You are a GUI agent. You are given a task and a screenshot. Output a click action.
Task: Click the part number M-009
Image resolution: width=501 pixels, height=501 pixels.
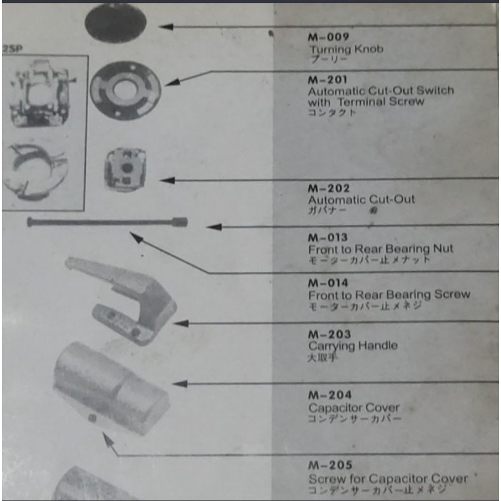click(329, 37)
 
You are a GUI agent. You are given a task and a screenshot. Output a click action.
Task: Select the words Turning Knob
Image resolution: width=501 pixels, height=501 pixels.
click(346, 49)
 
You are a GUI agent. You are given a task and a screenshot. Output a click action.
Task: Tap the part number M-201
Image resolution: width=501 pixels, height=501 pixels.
click(328, 80)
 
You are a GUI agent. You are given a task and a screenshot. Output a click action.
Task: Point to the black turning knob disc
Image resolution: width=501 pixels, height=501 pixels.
click(115, 23)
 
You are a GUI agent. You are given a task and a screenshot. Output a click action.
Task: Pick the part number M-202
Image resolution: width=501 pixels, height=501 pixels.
click(329, 188)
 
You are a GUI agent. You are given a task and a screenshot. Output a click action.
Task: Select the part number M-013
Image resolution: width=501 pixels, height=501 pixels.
click(329, 237)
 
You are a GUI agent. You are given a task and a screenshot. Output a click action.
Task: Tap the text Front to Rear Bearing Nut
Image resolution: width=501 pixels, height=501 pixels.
click(380, 249)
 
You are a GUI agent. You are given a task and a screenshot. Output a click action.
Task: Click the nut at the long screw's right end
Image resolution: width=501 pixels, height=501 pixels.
click(180, 221)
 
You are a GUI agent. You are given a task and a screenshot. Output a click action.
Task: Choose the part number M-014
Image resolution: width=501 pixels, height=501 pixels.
click(329, 283)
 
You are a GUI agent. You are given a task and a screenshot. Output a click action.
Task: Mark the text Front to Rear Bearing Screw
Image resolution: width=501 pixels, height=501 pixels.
click(388, 294)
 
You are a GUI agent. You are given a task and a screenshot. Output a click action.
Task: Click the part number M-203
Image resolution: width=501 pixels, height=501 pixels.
click(329, 334)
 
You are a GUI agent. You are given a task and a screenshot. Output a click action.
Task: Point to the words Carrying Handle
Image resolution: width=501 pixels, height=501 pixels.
click(353, 346)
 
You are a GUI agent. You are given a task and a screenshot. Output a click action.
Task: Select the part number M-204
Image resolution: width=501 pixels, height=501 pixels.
click(329, 395)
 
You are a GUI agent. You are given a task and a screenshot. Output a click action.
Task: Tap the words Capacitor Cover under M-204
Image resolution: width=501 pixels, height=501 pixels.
click(354, 407)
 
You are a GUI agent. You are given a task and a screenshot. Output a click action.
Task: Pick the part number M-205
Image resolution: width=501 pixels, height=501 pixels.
click(329, 465)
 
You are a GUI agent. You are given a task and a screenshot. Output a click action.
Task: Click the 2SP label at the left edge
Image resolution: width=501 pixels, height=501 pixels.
click(10, 48)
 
